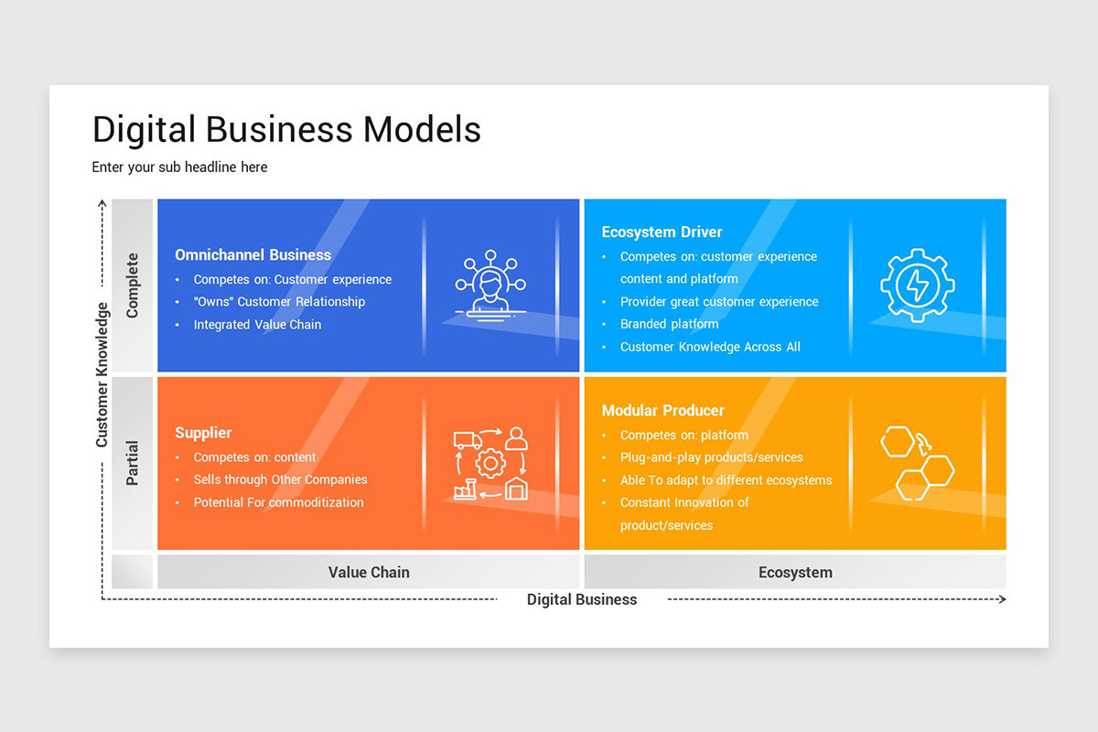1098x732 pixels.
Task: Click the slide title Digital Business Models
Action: coord(286,130)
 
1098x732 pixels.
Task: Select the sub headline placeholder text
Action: coord(179,167)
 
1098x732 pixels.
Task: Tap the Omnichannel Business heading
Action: coord(253,255)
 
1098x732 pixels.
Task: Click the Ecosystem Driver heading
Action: coord(662,232)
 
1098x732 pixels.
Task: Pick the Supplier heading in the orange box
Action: coord(203,433)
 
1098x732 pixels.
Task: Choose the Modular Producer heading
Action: coord(662,411)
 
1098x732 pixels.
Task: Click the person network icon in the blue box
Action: coord(490,284)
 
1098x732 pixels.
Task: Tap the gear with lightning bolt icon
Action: coord(917,285)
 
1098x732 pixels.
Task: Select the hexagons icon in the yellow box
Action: coord(917,462)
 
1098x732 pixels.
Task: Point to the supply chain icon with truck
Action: coord(490,463)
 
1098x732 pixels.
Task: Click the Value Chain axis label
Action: coord(369,573)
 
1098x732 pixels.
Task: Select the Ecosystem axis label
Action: coord(795,573)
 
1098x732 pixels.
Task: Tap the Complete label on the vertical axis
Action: coord(133,285)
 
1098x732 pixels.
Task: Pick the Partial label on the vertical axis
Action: coord(133,463)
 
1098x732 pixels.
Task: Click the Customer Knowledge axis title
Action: coord(102,375)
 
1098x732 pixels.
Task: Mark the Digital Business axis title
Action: coord(582,600)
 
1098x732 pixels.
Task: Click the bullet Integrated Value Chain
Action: coord(257,325)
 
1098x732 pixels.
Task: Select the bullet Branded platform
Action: coord(669,324)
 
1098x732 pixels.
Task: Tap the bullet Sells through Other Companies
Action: coord(280,479)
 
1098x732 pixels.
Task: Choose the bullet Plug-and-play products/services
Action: coord(711,457)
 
